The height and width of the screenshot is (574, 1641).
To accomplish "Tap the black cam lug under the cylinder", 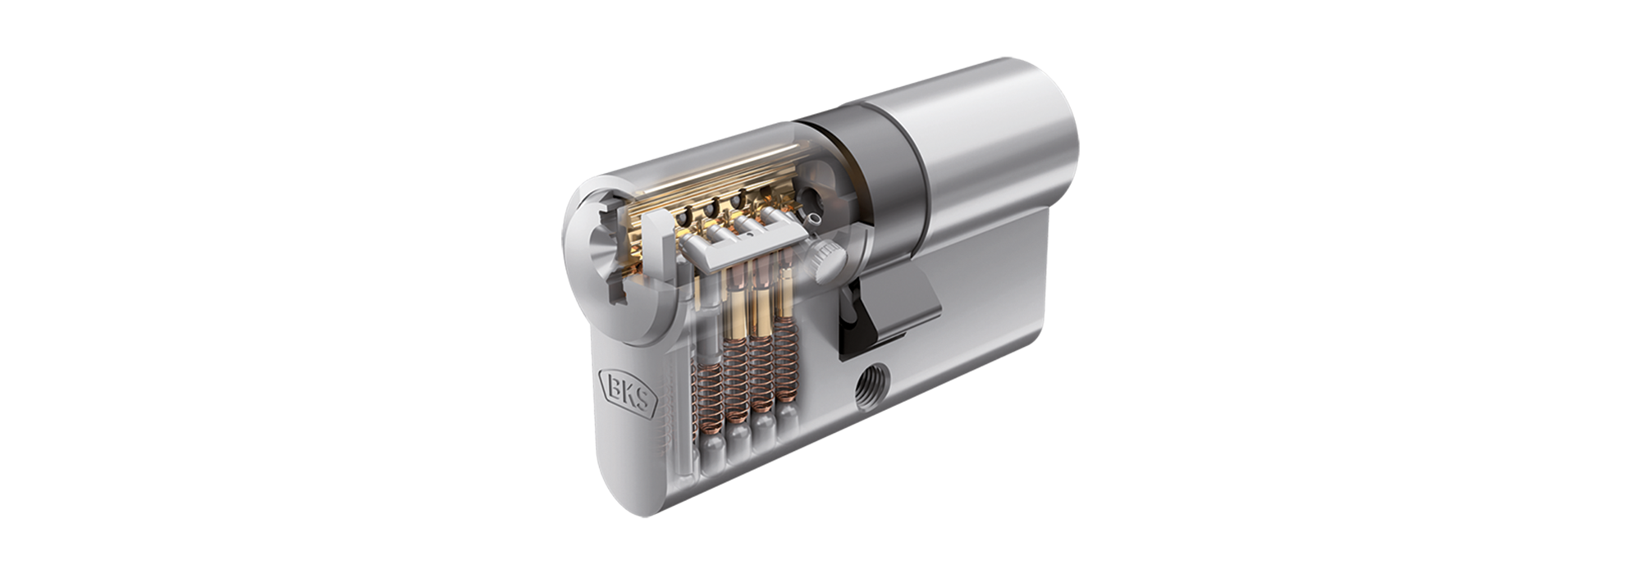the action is click(x=862, y=320).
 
